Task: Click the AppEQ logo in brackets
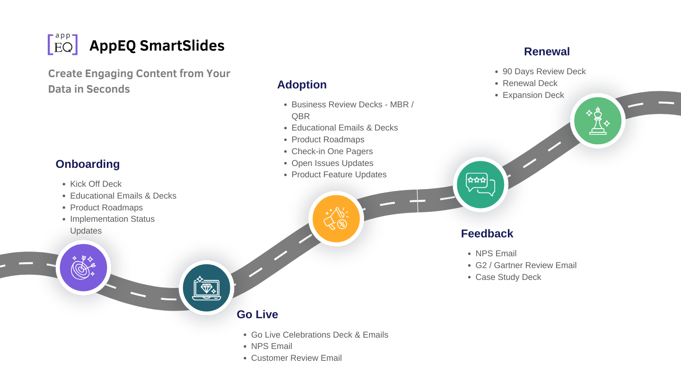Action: [x=63, y=44]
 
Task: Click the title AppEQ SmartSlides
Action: [x=157, y=45]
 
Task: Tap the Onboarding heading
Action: [x=87, y=164]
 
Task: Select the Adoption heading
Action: [x=302, y=85]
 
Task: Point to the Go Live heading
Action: [x=257, y=314]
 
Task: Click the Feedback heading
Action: [x=487, y=234]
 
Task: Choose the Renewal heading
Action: [x=547, y=52]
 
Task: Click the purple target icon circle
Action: [x=83, y=268]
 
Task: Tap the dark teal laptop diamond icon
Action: [x=207, y=288]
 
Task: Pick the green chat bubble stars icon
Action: [x=480, y=184]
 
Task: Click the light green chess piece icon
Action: [x=598, y=121]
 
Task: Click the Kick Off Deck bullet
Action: [x=96, y=184]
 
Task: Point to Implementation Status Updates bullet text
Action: [x=112, y=225]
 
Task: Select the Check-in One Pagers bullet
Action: [x=332, y=151]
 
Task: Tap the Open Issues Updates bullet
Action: [x=332, y=163]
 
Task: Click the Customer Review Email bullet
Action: [x=296, y=358]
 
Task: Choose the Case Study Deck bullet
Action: [x=508, y=277]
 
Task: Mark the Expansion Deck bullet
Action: [x=533, y=95]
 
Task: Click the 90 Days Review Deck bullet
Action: [x=544, y=71]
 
